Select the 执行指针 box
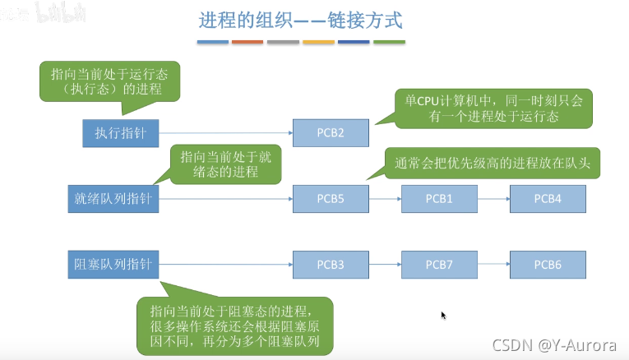[120, 133]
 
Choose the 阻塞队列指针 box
[112, 265]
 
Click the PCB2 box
[331, 133]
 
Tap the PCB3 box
[331, 265]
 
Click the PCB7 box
[439, 265]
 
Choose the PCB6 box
[548, 265]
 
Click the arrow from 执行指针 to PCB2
[225, 133]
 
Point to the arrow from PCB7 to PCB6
[493, 265]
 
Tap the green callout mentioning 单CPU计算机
[493, 108]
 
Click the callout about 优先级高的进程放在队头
[493, 162]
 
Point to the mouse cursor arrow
[443, 315]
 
